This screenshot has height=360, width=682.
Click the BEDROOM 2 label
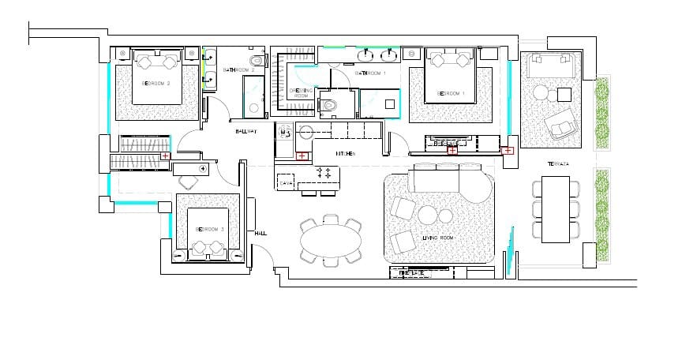(x=156, y=83)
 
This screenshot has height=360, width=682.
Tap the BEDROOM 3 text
(x=210, y=230)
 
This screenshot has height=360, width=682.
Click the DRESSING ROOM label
(x=301, y=93)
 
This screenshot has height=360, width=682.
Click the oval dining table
(x=332, y=239)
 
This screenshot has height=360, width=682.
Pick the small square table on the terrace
(x=564, y=94)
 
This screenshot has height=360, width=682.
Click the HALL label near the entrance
(x=260, y=234)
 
